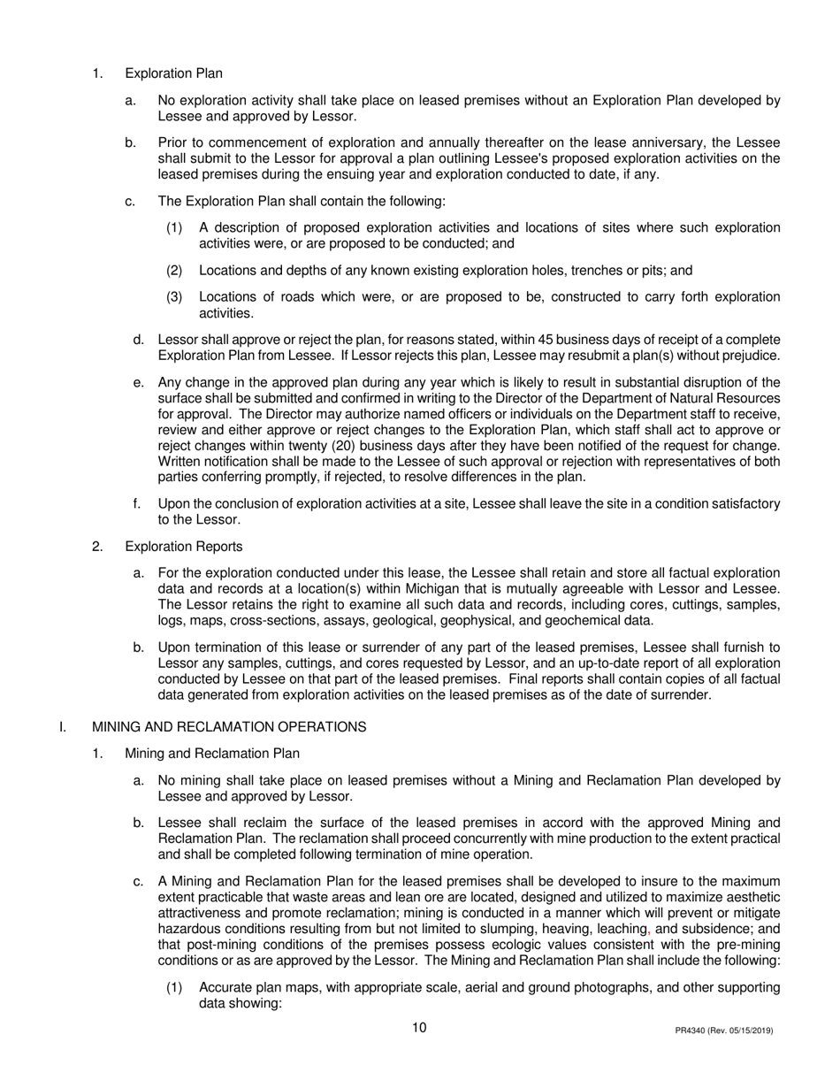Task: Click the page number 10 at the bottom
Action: tap(419, 1028)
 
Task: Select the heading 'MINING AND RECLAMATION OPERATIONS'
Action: tap(229, 727)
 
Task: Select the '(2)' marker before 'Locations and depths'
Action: tap(175, 271)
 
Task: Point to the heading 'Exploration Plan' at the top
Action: tap(174, 74)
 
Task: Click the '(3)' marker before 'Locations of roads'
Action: tap(175, 297)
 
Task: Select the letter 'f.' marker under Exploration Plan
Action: tap(137, 504)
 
